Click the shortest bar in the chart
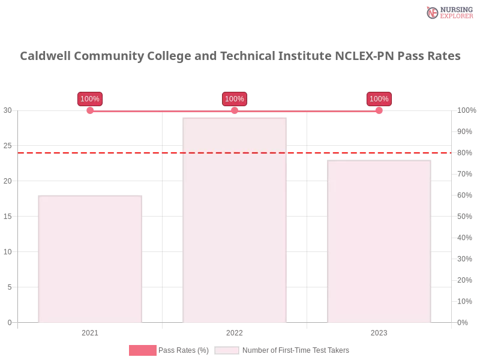click(x=89, y=258)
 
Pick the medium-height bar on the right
click(x=379, y=240)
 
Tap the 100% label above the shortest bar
click(x=90, y=99)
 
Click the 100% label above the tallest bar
click(x=234, y=99)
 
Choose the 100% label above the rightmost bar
click(x=379, y=99)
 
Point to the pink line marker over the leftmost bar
click(x=91, y=110)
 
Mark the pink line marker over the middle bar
click(x=235, y=110)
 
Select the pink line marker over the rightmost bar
click(x=379, y=110)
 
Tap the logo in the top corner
click(x=448, y=12)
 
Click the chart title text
click(x=240, y=56)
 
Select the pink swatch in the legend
click(x=143, y=350)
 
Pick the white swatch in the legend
click(x=227, y=350)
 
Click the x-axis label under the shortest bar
click(x=91, y=331)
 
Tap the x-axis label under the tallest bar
click(x=235, y=331)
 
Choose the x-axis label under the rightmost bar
click(x=379, y=331)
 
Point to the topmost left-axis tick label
click(x=8, y=110)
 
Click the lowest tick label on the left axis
click(x=9, y=322)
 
